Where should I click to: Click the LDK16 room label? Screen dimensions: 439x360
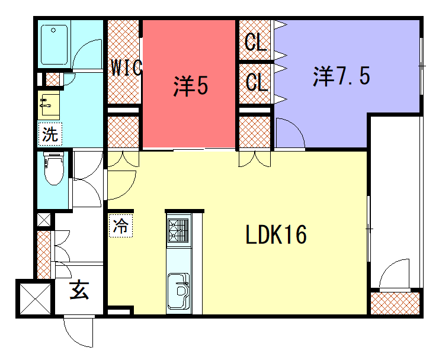pos(275,234)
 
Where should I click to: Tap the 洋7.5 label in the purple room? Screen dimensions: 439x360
pos(341,76)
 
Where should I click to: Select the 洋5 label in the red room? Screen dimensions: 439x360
pos(190,86)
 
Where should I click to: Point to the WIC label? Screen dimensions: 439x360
pos(127,67)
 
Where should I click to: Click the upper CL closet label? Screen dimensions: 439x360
pos(255,42)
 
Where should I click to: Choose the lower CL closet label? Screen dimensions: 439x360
pos(257,82)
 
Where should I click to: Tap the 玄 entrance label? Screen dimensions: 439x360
pos(79,290)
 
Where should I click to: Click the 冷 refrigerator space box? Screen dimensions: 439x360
pos(121,226)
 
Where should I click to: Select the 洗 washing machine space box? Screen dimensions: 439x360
pos(50,134)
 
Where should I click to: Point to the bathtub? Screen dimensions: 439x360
pos(54,45)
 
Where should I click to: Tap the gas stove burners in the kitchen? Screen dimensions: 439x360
pos(178,231)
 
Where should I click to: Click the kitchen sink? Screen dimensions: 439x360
pos(178,290)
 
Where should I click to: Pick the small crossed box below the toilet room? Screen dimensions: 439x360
pos(44,220)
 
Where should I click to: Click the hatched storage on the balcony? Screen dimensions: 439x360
pos(395,304)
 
